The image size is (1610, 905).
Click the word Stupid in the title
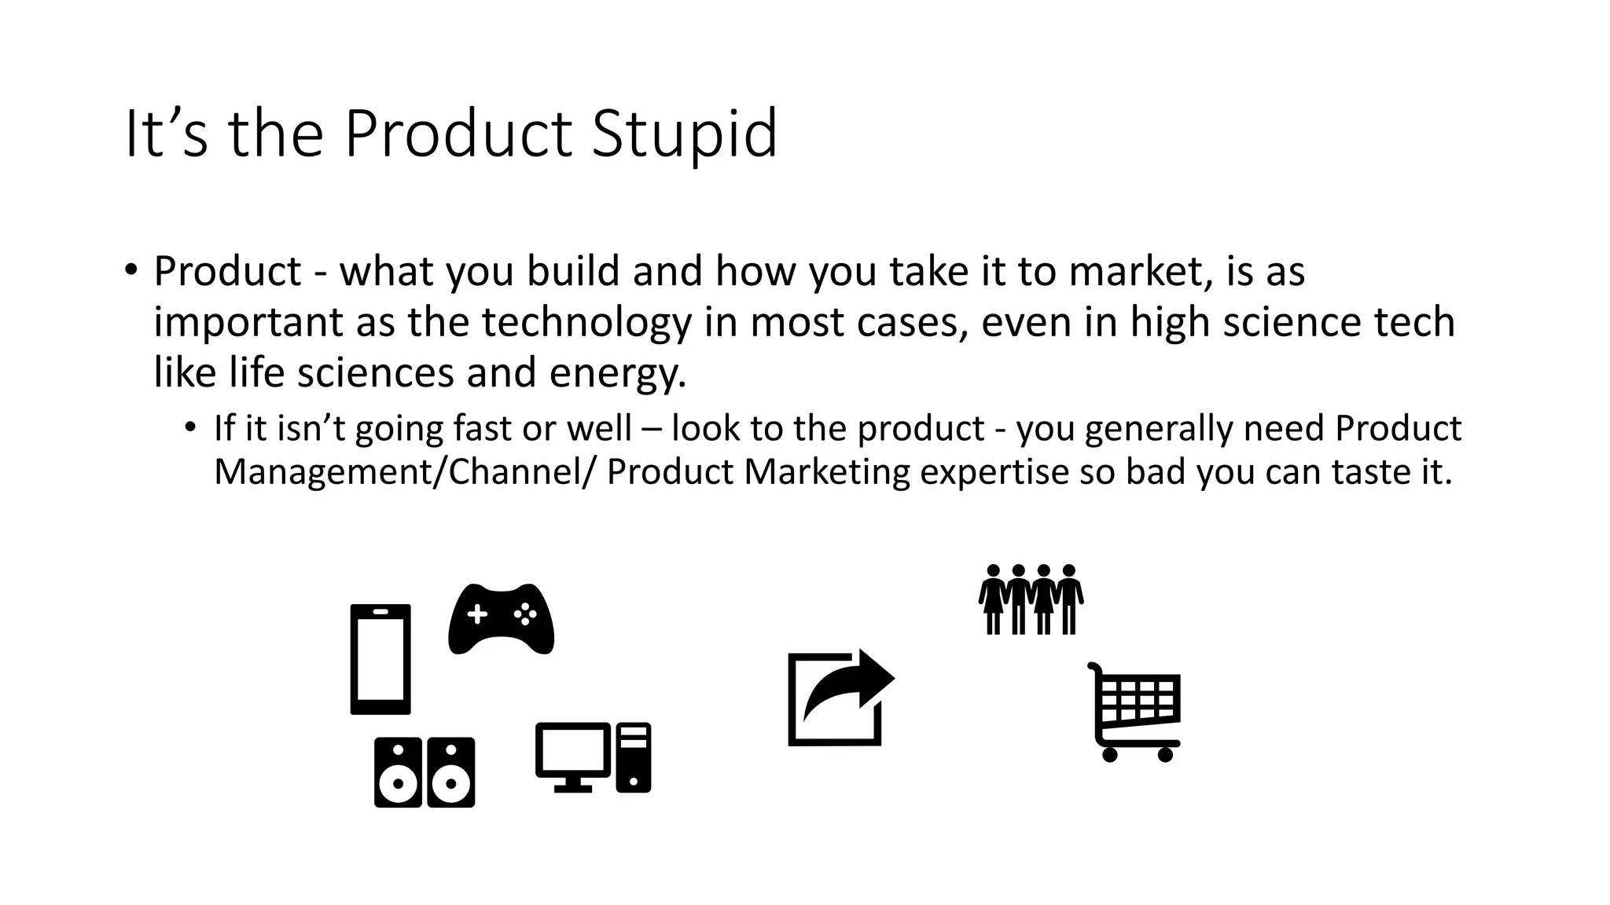pyautogui.click(x=684, y=134)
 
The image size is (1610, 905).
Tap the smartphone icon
pyautogui.click(x=380, y=659)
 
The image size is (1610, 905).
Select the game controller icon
pyautogui.click(x=502, y=619)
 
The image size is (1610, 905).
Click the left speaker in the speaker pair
pyautogui.click(x=398, y=772)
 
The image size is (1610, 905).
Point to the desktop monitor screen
pyautogui.click(x=573, y=749)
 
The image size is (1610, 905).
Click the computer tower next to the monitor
pyautogui.click(x=634, y=757)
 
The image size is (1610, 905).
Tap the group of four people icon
pyautogui.click(x=1031, y=599)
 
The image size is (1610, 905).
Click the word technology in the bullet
pyautogui.click(x=586, y=322)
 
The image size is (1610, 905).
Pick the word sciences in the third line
pyautogui.click(x=376, y=373)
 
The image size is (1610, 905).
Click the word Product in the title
pyautogui.click(x=458, y=134)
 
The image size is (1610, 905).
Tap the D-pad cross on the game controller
pyautogui.click(x=477, y=614)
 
